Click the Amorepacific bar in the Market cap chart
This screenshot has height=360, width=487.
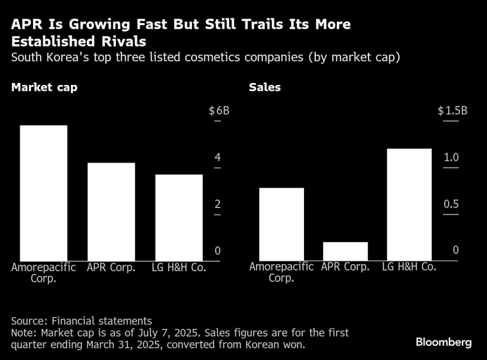[43, 193]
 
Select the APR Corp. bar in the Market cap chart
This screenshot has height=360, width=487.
[111, 211]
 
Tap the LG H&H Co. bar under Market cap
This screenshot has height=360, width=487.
[178, 217]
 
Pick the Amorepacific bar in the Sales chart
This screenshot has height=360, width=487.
[282, 224]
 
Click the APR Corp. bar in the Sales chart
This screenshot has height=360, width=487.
[346, 251]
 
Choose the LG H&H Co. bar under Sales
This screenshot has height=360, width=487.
[409, 205]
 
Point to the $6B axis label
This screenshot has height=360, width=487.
[219, 111]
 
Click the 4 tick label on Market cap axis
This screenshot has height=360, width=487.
[217, 158]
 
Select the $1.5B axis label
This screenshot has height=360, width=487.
[452, 111]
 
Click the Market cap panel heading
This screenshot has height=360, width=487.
[43, 87]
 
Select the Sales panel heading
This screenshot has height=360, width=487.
[265, 87]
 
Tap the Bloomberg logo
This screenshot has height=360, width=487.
[444, 342]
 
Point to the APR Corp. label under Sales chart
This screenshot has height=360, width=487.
[346, 267]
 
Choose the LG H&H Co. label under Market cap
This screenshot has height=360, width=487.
[178, 267]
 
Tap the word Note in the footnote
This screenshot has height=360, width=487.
[23, 332]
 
